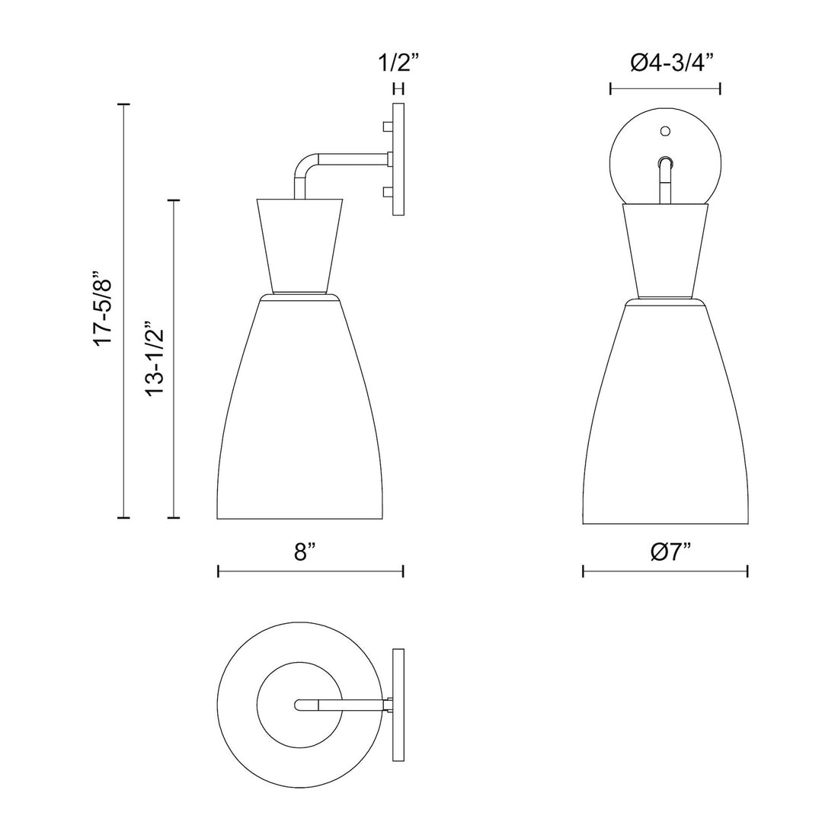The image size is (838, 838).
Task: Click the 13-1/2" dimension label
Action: [156, 358]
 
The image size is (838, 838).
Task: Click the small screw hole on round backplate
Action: [664, 131]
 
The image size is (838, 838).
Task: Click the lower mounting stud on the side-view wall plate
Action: [387, 192]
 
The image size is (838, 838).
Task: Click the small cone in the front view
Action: [665, 251]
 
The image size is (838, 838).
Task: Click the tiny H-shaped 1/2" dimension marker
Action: [398, 89]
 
